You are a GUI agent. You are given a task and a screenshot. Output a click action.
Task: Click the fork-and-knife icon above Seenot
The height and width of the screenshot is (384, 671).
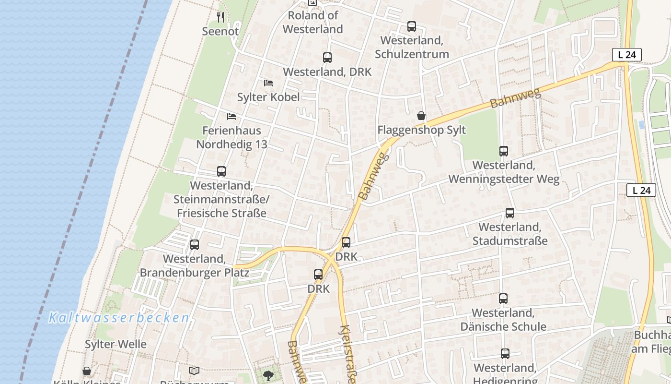[220, 17]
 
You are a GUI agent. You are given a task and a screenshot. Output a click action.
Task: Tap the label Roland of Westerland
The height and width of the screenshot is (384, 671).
[312, 22]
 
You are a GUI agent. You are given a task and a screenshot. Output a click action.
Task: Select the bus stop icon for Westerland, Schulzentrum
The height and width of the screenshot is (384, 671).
[412, 26]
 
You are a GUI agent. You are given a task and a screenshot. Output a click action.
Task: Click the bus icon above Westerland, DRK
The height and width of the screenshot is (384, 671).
[327, 58]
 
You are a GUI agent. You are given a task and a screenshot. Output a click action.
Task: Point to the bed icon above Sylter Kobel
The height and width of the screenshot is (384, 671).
[268, 83]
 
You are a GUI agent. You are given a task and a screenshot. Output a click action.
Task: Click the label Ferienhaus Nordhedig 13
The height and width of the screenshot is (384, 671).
[231, 137]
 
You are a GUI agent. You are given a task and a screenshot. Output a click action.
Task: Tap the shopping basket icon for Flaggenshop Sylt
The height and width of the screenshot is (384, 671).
[421, 116]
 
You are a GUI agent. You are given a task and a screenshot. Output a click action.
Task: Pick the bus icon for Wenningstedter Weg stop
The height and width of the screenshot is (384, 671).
[504, 151]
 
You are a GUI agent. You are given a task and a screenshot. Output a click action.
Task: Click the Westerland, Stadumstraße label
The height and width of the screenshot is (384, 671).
[510, 234]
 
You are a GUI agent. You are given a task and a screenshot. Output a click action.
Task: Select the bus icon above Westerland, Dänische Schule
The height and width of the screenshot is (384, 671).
[503, 299]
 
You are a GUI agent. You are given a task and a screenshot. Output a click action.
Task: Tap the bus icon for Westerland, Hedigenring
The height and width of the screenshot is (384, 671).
[505, 354]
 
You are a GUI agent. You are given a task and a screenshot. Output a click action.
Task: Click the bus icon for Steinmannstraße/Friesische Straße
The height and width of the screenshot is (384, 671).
[221, 171]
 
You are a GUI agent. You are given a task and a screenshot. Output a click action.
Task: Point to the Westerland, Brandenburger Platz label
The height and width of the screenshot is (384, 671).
[194, 265]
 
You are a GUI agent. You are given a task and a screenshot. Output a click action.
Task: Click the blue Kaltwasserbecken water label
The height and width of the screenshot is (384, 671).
[119, 317]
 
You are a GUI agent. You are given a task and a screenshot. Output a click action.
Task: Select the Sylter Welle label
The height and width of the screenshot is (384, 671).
[116, 344]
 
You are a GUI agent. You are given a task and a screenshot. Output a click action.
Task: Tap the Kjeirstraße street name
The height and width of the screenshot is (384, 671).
[347, 354]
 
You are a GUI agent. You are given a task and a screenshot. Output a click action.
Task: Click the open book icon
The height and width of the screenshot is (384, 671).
[194, 371]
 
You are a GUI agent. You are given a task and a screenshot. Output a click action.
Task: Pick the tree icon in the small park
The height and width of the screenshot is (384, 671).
[268, 375]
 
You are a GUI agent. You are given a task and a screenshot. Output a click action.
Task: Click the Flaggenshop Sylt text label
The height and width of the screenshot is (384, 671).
[421, 130]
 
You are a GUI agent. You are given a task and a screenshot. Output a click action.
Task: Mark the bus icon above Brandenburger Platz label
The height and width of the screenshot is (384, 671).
[195, 245]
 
